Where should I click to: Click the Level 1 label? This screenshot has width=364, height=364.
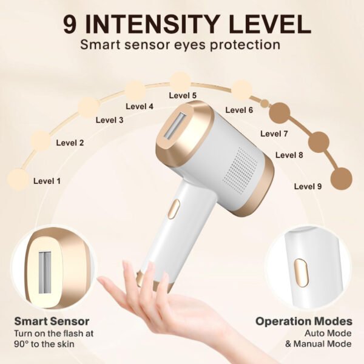point(47,181)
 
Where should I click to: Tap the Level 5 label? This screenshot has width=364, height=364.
point(183,95)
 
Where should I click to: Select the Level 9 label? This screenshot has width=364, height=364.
point(308,186)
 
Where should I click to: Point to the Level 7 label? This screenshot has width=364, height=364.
point(274,133)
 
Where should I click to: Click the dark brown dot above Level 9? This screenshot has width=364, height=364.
point(341,179)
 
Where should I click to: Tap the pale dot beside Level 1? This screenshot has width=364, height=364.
point(18,180)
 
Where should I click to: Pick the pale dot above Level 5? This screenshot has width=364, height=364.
point(180,82)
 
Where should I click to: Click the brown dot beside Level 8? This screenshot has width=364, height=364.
point(318,141)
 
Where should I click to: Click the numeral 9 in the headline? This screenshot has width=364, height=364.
point(70,24)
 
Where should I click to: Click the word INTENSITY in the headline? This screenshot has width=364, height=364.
point(151,24)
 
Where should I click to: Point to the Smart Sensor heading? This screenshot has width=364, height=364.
point(52,322)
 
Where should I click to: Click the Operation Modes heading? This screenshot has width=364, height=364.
point(304,322)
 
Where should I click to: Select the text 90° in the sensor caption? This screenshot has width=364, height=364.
point(21,344)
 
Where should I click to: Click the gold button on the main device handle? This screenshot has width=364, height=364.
point(174,209)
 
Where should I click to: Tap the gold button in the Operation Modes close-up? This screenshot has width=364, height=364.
point(301,273)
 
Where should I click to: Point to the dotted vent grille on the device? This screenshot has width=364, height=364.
point(241,170)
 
